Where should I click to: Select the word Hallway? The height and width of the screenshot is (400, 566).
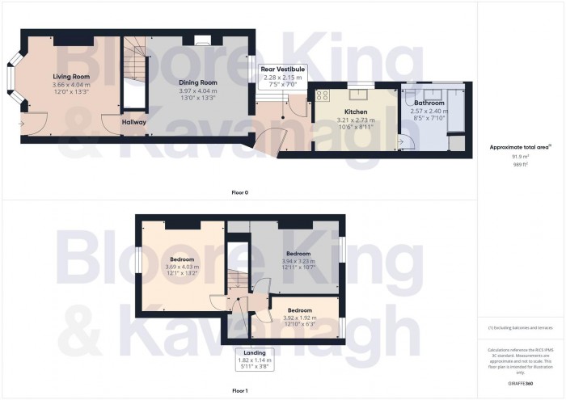[x=134, y=122]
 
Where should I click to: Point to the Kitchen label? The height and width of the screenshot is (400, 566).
[x=356, y=112]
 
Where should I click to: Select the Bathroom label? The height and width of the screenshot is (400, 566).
[x=429, y=103]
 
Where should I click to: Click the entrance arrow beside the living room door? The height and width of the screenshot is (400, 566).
[x=22, y=124]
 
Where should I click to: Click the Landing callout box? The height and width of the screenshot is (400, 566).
[x=255, y=360]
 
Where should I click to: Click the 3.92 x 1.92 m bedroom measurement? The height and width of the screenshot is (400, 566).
[x=300, y=318]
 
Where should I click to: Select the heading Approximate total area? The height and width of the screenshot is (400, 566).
[x=520, y=146]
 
